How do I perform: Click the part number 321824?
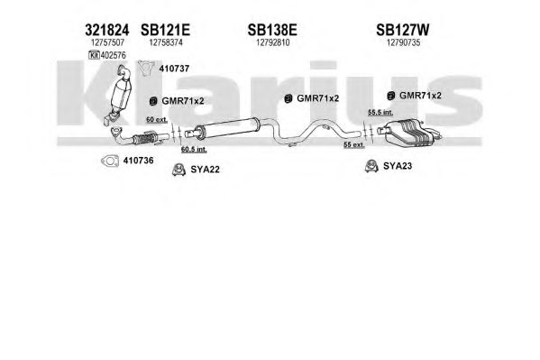click(106, 30)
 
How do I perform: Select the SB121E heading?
click(165, 30)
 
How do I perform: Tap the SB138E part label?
click(272, 30)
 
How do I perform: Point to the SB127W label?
click(403, 30)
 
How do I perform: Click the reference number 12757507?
click(107, 42)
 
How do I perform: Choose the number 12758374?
click(166, 42)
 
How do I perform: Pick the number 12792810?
click(273, 42)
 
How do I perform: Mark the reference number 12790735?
click(403, 42)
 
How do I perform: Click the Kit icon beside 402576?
click(94, 55)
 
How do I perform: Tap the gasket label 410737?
click(174, 69)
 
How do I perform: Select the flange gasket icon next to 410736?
click(110, 161)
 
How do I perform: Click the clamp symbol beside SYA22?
click(178, 170)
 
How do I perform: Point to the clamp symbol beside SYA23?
click(371, 166)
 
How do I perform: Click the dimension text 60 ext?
click(157, 120)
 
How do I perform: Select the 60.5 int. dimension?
click(194, 149)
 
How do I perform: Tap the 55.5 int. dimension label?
click(380, 112)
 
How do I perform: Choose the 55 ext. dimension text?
click(354, 145)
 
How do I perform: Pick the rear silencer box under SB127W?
click(408, 133)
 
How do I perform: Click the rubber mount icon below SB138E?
click(288, 98)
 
